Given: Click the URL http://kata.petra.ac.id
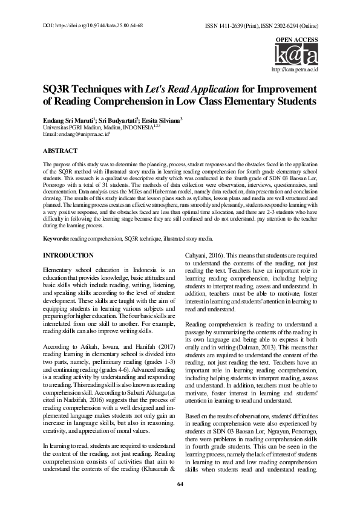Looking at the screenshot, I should pos(295,71).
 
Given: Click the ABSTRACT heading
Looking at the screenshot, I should pos(60,150).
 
